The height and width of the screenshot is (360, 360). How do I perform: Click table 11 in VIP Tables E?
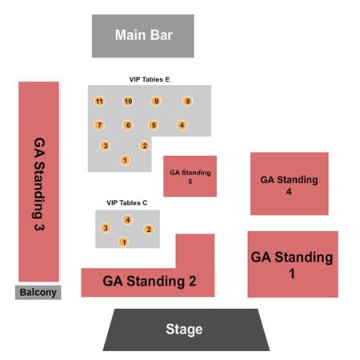pyautogui.click(x=99, y=102)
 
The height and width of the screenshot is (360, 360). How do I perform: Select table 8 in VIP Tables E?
pyautogui.click(x=187, y=101)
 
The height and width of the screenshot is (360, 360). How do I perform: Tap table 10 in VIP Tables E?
pyautogui.click(x=128, y=101)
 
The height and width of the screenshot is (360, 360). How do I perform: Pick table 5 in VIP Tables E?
pyautogui.click(x=154, y=125)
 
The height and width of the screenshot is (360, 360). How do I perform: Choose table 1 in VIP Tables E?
pyautogui.click(x=125, y=160)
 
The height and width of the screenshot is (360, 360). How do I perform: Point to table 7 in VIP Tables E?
pyautogui.click(x=99, y=125)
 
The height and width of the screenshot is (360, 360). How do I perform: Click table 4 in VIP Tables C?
pyautogui.click(x=127, y=220)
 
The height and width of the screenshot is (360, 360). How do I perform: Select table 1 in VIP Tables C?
pyautogui.click(x=123, y=242)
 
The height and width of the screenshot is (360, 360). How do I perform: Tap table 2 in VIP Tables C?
pyautogui.click(x=149, y=229)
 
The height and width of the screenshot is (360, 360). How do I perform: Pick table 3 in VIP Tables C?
pyautogui.click(x=106, y=228)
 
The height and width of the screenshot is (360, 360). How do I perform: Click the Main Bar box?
pyautogui.click(x=143, y=36)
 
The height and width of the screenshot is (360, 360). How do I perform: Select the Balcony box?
pyautogui.click(x=38, y=292)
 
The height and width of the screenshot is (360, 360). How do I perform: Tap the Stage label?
pyautogui.click(x=184, y=329)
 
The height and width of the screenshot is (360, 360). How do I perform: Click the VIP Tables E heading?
pyautogui.click(x=150, y=79)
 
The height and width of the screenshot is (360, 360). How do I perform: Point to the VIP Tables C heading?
pyautogui.click(x=127, y=202)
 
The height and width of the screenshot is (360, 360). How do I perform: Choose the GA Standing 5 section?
pyautogui.click(x=190, y=176)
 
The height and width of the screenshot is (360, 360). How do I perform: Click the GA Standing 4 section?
pyautogui.click(x=290, y=184)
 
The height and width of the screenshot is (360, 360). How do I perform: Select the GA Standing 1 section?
pyautogui.click(x=293, y=264)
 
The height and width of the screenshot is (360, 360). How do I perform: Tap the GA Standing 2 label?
pyautogui.click(x=150, y=281)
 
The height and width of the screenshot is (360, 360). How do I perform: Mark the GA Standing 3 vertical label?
pyautogui.click(x=39, y=184)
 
